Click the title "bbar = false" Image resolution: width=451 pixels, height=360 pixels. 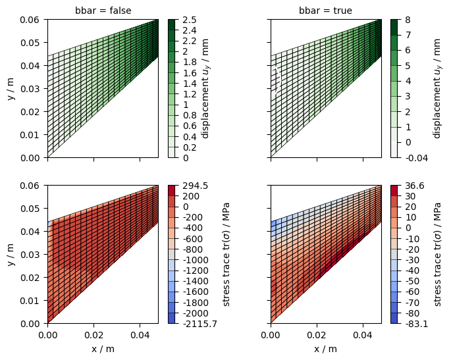tap(102, 11)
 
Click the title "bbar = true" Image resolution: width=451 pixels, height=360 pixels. tap(325, 11)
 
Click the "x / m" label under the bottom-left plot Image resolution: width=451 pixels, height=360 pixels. tap(103, 349)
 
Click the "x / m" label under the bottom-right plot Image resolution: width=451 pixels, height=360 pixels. tap(326, 349)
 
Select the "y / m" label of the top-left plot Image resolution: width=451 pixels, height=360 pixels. tap(11, 89)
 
